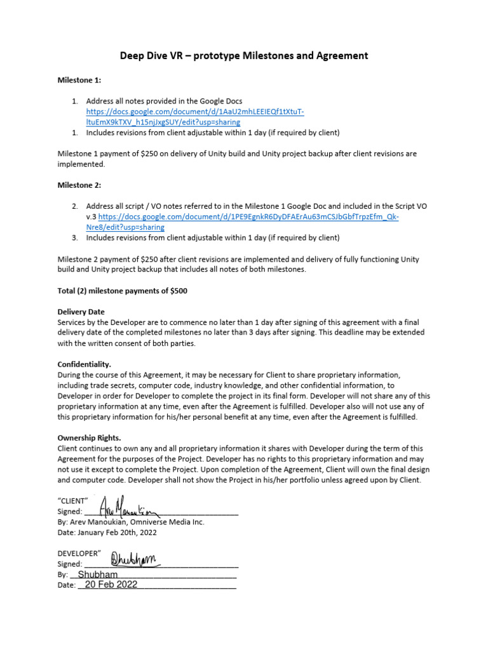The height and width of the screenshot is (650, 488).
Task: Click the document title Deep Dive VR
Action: [244, 56]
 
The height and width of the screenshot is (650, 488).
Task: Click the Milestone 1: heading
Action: [79, 81]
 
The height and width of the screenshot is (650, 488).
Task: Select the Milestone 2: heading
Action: [79, 185]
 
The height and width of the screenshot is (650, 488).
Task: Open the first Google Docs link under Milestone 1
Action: [195, 117]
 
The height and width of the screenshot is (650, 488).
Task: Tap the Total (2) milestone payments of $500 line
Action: [122, 291]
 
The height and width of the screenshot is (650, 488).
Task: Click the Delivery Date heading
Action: [81, 312]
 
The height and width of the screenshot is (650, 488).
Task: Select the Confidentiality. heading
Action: [85, 364]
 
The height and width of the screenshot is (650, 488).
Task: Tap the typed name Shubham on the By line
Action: [97, 574]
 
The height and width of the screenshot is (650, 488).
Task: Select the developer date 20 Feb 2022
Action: [107, 585]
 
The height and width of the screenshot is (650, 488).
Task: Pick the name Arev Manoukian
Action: [98, 522]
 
